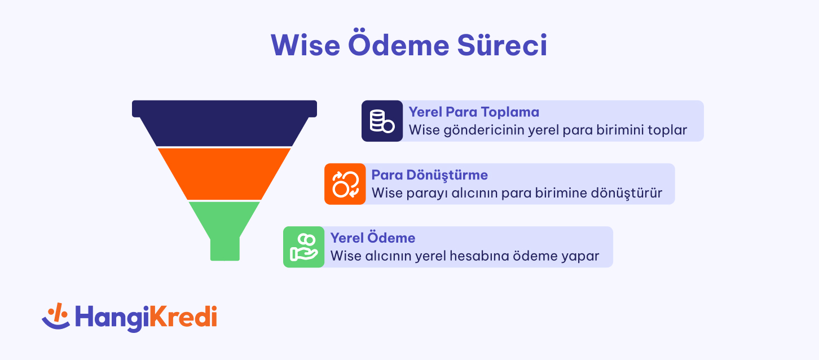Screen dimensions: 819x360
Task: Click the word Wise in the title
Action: coord(305,45)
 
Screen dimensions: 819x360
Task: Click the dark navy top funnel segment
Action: coord(224,124)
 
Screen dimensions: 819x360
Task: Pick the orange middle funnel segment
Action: coord(224,174)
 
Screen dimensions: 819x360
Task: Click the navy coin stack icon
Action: coord(382,121)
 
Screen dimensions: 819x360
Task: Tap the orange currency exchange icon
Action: coord(345,184)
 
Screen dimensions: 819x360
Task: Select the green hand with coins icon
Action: coord(303,247)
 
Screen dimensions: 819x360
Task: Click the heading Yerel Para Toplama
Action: coord(474,112)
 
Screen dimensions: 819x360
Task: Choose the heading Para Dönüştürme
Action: coord(430,175)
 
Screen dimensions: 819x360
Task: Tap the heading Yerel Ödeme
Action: coord(373,238)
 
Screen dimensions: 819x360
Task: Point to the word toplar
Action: coord(667,130)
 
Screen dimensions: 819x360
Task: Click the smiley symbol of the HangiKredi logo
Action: coord(56,316)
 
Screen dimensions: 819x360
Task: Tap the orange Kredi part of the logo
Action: coord(183,317)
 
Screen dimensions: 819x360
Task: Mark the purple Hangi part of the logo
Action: coord(112,318)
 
